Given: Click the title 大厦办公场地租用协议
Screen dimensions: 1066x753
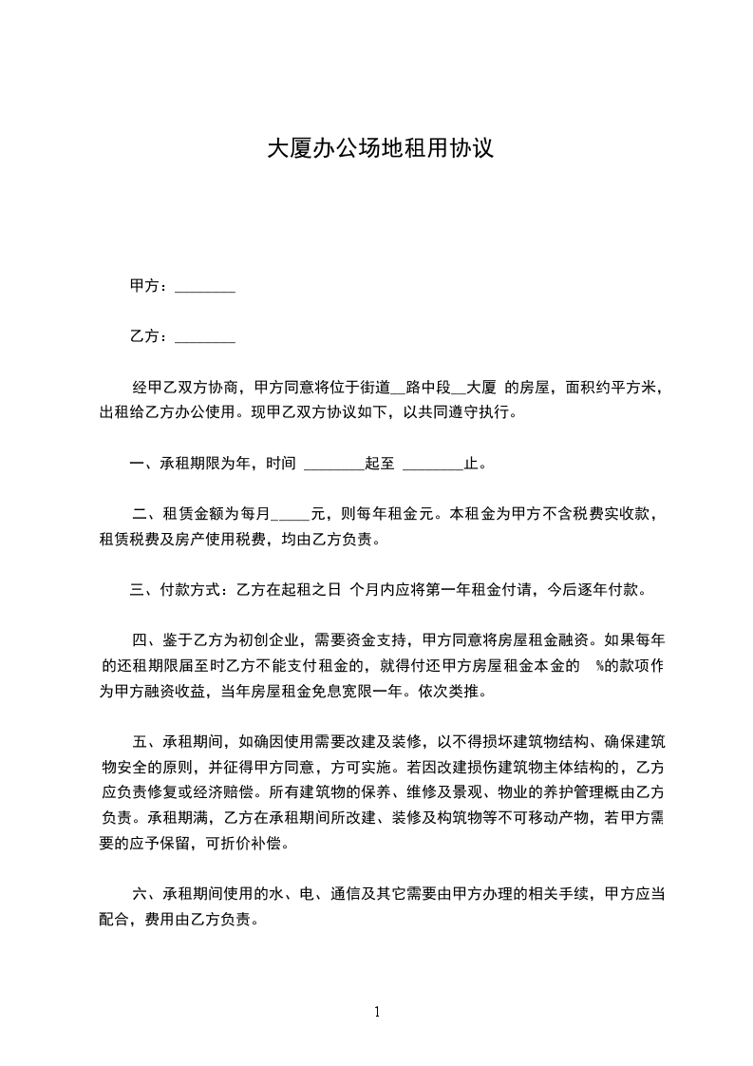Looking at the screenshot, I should click(380, 149).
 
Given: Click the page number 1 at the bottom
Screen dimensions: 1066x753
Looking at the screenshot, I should click(377, 1012).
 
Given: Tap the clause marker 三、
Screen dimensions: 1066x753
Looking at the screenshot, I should click(143, 590).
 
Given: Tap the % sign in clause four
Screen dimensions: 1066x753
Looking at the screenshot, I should click(600, 666).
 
